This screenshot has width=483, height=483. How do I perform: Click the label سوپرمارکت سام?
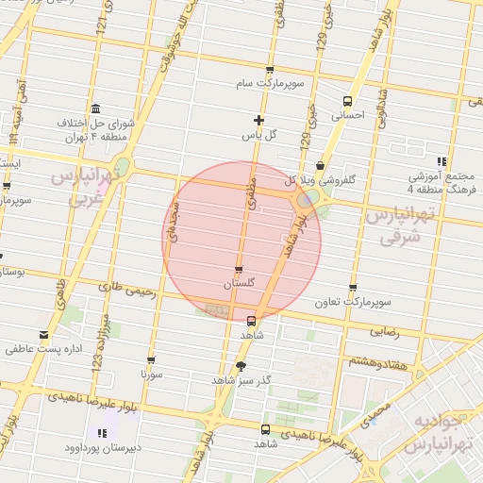click(x=270, y=84)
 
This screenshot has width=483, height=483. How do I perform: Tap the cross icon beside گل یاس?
click(x=258, y=120)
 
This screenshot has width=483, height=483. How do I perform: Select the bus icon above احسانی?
click(x=347, y=101)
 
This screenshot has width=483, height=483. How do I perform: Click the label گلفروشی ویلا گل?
click(x=320, y=178)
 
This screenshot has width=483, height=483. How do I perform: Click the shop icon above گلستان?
click(x=238, y=269)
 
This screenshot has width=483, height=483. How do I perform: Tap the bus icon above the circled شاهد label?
click(x=251, y=320)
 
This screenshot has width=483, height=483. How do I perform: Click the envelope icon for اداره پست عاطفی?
click(x=43, y=335)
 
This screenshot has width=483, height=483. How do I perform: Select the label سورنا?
click(x=151, y=375)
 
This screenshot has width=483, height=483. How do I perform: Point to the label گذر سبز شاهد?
click(x=241, y=379)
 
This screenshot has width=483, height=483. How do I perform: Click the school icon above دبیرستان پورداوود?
click(x=101, y=433)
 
